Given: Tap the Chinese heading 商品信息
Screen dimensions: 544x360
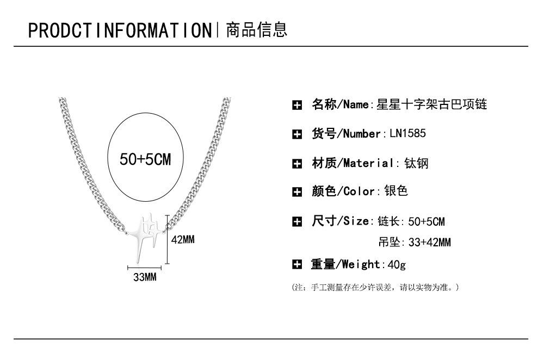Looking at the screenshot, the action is (256, 29).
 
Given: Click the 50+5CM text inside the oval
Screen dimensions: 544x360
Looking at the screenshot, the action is (145, 159).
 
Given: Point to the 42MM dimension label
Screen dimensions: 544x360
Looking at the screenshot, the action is (183, 239).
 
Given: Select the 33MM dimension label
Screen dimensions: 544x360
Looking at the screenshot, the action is (145, 277).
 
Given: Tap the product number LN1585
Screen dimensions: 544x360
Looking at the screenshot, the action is (408, 133).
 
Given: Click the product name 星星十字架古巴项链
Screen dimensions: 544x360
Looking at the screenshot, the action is (432, 104).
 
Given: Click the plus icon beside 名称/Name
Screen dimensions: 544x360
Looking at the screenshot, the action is (297, 105).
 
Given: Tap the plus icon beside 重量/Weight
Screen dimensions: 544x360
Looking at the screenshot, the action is (297, 265).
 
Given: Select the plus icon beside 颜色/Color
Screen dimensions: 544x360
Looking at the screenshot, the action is (297, 191).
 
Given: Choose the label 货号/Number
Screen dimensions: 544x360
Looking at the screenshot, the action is (346, 133).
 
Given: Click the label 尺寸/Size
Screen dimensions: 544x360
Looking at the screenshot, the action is (340, 221).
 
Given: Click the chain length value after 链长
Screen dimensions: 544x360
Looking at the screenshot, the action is (426, 221).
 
